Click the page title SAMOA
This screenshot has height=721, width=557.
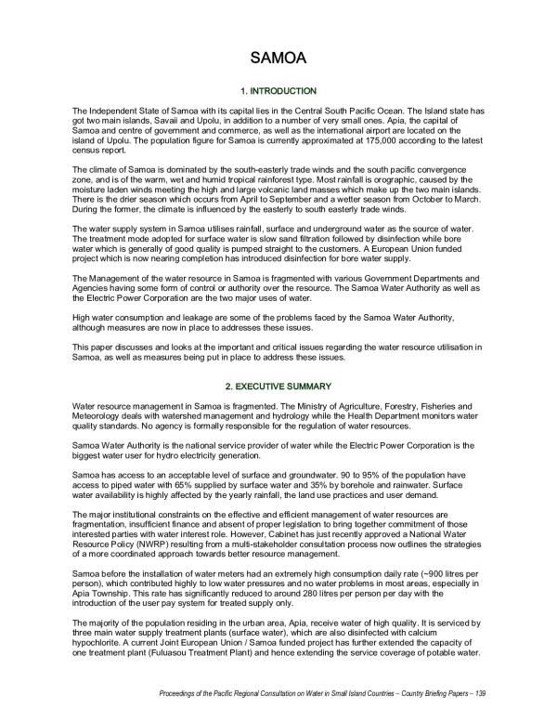(278, 59)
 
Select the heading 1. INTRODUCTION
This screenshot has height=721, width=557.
(278, 91)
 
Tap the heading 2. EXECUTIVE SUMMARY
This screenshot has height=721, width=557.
(278, 386)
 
